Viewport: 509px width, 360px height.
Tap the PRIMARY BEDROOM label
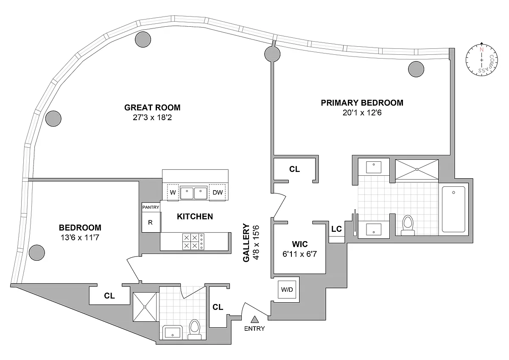tap(362, 103)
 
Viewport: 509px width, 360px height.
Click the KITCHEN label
tap(195, 217)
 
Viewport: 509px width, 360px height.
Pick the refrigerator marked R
tap(151, 222)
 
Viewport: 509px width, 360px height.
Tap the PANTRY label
tap(151, 207)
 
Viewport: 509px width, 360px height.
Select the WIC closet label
tap(299, 245)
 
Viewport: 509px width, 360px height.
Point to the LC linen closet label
tap(336, 229)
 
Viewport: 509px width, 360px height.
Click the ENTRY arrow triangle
tap(255, 319)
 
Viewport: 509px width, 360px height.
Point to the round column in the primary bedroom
tap(416, 68)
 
